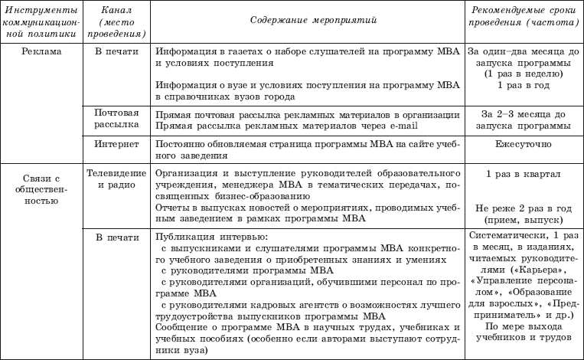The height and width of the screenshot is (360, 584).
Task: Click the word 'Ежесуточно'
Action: [523, 142]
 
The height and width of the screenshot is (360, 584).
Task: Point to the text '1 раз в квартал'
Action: [523, 174]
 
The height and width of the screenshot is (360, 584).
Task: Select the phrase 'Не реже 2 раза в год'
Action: [523, 207]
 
